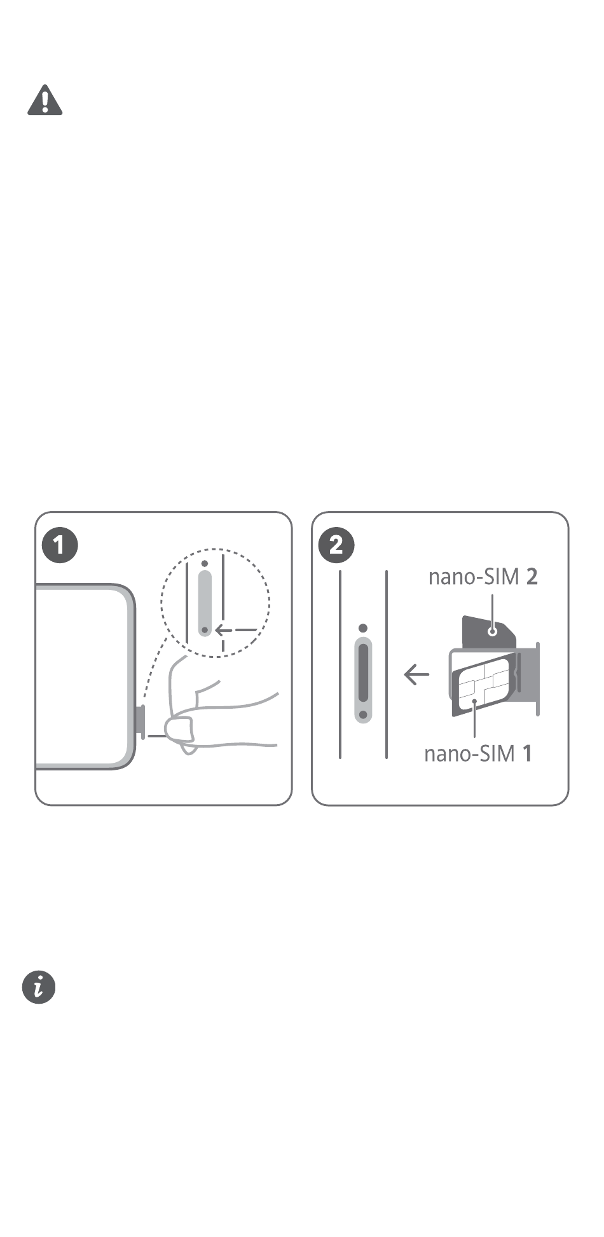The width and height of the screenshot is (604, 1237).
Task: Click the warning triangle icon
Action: pos(45,100)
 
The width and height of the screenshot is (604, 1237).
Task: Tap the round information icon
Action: pos(39,987)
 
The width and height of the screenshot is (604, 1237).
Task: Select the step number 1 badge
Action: pos(59,545)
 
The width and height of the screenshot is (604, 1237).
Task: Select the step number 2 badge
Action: pos(336,545)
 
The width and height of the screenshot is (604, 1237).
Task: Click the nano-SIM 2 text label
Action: pos(483,577)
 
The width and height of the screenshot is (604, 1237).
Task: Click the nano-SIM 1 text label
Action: pos(478,754)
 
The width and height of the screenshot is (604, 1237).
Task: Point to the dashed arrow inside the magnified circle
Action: pos(236,631)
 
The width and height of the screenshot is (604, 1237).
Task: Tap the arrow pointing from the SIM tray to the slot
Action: pos(416,674)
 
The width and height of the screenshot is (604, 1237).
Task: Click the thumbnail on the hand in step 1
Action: pos(179,728)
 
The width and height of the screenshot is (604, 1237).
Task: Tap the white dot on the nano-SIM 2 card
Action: pos(491,632)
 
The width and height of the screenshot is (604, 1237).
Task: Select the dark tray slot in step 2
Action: pos(362,673)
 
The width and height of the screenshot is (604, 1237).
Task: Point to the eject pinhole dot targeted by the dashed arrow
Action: pos(205,631)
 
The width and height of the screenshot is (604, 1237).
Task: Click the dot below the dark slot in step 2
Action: pos(362,715)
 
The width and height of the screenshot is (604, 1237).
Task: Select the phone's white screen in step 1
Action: pos(81,676)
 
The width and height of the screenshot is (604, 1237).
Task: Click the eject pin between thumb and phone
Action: pos(156,736)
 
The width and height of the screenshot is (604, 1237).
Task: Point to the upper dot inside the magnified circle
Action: pos(204,563)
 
